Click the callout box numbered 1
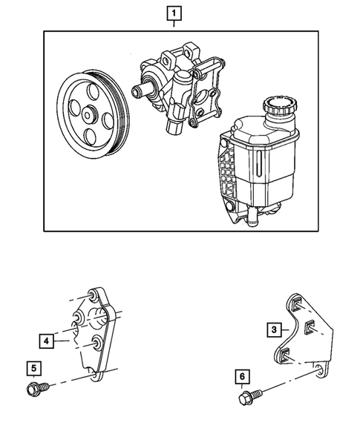click(x=174, y=13)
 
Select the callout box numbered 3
click(x=274, y=329)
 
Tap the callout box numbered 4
click(x=46, y=341)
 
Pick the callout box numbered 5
click(x=33, y=369)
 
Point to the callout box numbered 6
click(x=242, y=377)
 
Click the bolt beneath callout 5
click(x=38, y=388)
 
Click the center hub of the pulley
click(x=88, y=115)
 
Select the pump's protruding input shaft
click(x=141, y=90)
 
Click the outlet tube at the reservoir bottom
click(x=252, y=216)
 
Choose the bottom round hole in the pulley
click(x=90, y=137)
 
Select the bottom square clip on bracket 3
click(x=284, y=355)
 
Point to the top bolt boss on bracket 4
click(x=91, y=296)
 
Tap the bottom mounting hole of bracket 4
click(x=94, y=375)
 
